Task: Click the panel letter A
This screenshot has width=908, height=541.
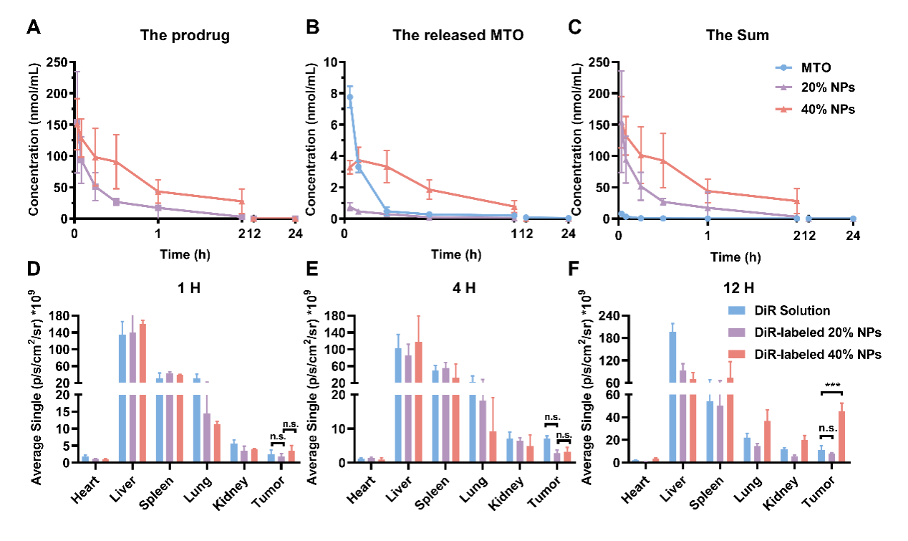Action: (x=33, y=29)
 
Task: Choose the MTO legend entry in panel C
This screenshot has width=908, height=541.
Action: (x=816, y=68)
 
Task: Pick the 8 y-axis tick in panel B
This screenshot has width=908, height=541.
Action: (x=333, y=93)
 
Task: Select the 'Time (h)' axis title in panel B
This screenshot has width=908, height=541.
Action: (x=456, y=254)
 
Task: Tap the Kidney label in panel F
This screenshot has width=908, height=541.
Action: (x=782, y=487)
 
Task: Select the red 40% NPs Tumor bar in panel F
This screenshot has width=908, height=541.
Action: (x=842, y=436)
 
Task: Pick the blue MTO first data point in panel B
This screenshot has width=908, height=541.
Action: (x=349, y=97)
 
